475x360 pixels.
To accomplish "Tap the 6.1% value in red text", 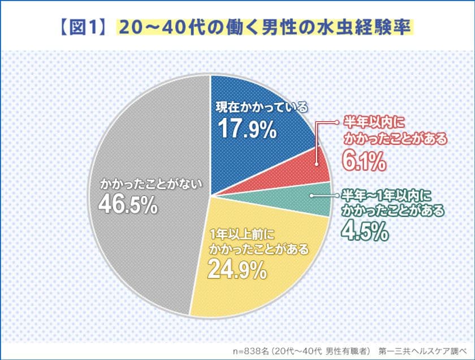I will pos(364,162).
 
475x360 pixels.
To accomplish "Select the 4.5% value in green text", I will pos(364,232).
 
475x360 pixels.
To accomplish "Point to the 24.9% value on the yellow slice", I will pos(236,269).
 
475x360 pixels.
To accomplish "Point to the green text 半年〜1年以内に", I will pos(386,196).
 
